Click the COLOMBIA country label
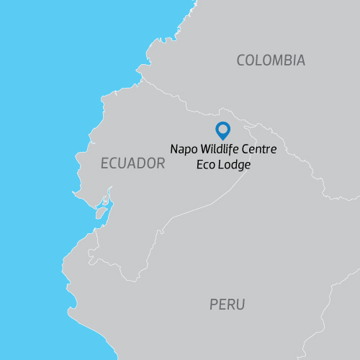(x=271, y=60)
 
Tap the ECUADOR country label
(x=133, y=163)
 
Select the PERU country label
(x=228, y=305)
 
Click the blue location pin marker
(x=223, y=130)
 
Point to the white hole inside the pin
(x=223, y=129)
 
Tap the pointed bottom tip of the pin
(x=223, y=140)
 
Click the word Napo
(x=183, y=149)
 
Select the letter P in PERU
(x=214, y=305)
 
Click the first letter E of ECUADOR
(x=104, y=163)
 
